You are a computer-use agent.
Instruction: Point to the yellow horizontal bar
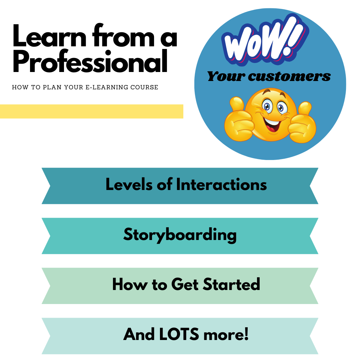click(91, 111)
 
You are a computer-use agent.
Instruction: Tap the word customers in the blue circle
click(289, 76)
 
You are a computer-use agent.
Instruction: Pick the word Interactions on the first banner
click(221, 184)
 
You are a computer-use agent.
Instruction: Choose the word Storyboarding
click(180, 235)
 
